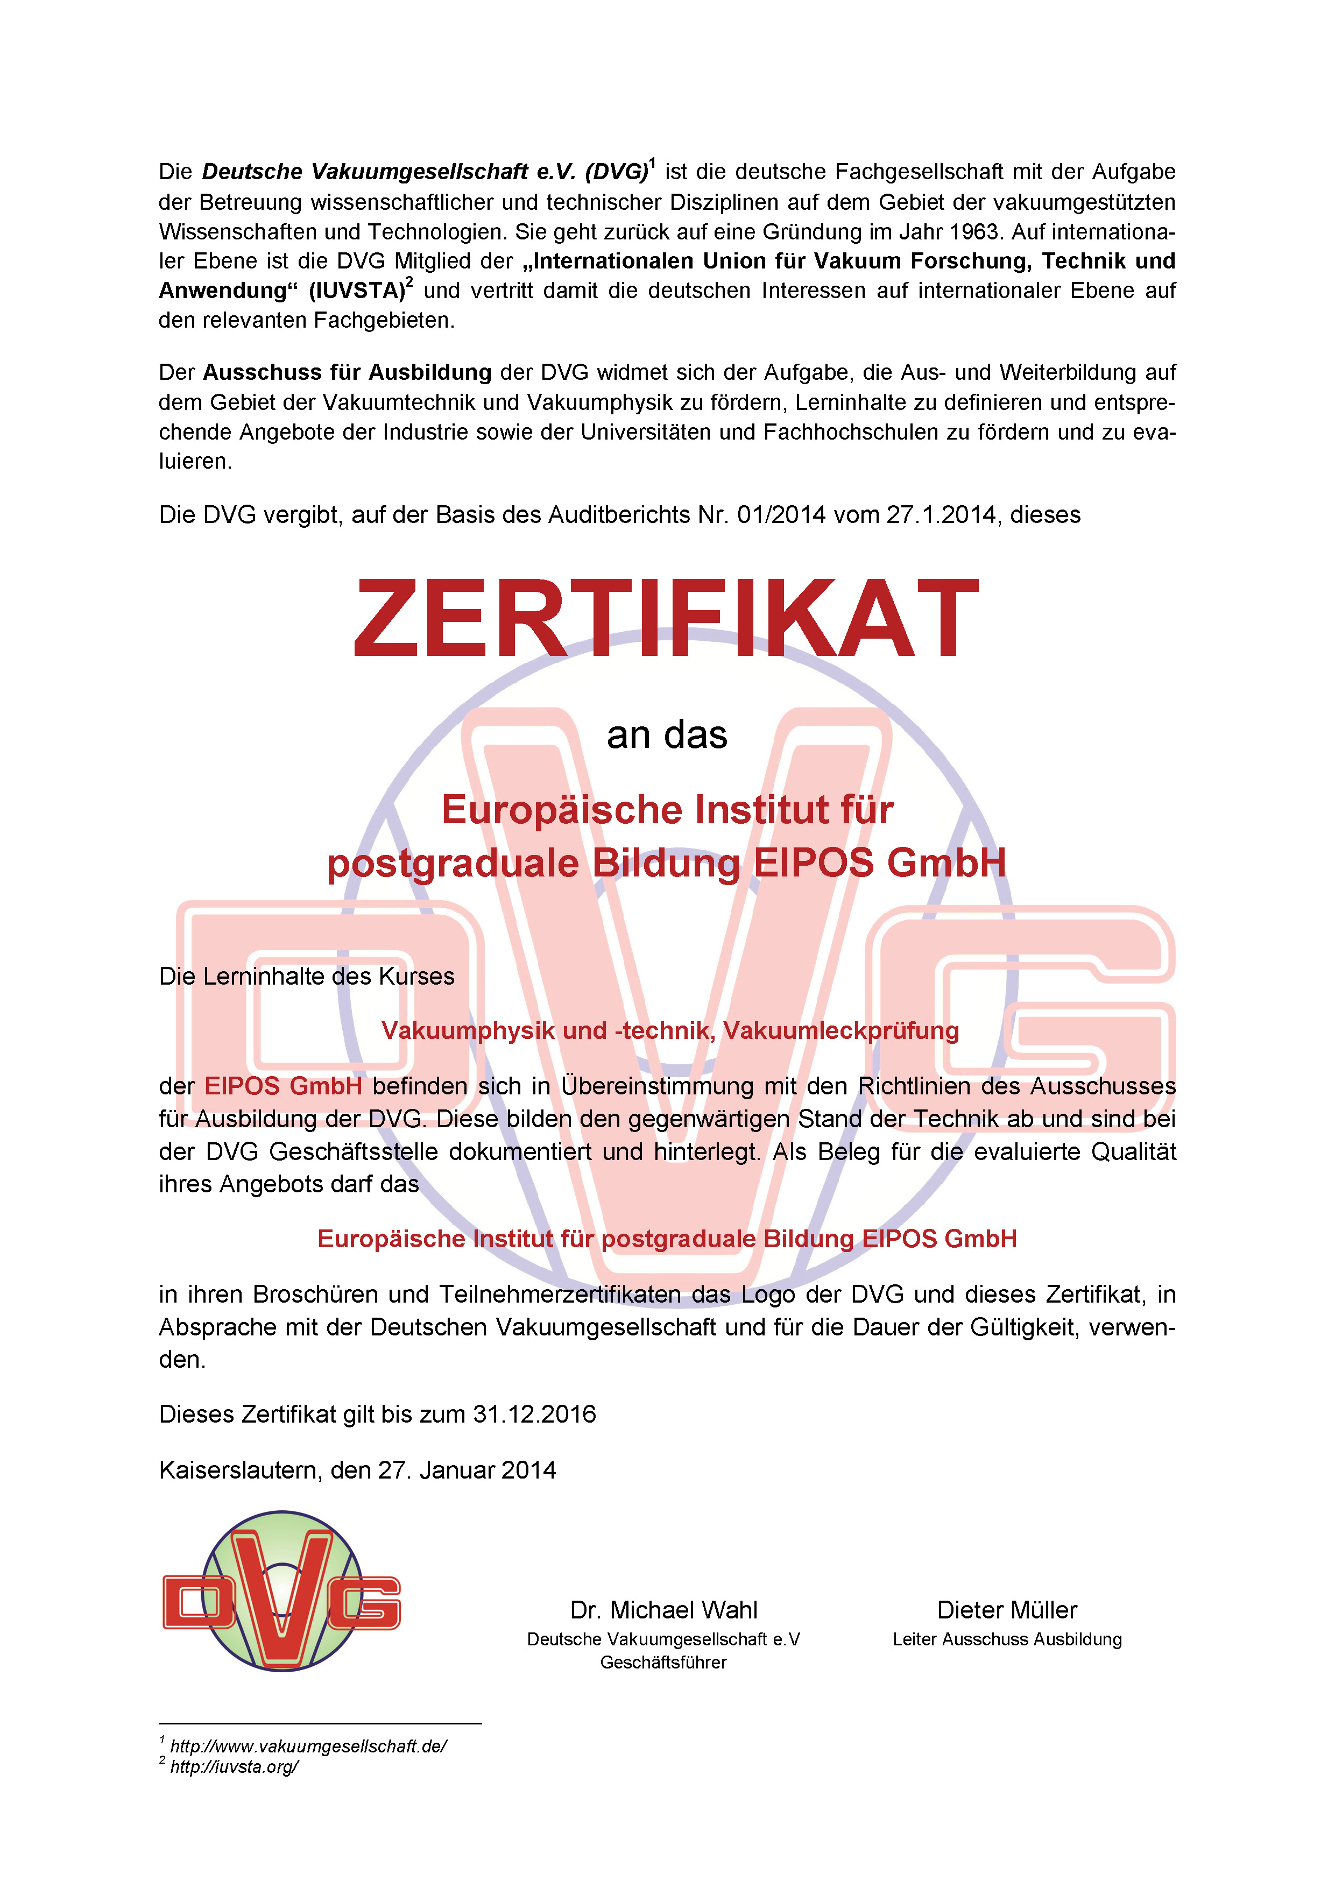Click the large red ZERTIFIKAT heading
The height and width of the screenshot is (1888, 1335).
[x=666, y=618]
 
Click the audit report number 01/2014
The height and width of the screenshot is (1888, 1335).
[x=781, y=515]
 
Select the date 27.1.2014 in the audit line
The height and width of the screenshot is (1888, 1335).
[x=941, y=515]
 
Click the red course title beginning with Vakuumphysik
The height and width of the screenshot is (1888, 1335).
[x=669, y=1030]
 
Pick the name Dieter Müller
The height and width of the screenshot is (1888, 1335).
[x=1007, y=1610]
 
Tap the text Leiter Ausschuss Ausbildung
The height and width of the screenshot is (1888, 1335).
[x=1007, y=1639]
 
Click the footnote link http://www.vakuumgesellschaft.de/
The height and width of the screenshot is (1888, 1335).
[x=308, y=1746]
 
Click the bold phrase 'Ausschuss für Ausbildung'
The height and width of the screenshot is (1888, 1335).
[x=347, y=372]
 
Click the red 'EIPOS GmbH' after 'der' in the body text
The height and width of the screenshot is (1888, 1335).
[x=283, y=1086]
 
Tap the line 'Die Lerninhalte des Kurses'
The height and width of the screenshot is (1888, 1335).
[x=306, y=976]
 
